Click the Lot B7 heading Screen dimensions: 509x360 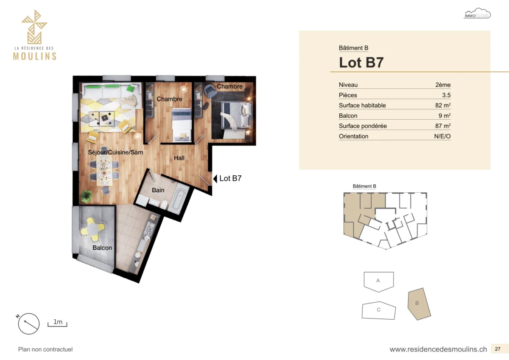361,62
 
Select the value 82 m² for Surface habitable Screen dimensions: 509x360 443,105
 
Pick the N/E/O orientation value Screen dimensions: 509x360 442,136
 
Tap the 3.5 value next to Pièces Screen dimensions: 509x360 446,95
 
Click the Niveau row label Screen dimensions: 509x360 348,85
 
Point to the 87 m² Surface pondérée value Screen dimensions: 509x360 443,126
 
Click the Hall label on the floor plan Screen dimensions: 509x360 179,158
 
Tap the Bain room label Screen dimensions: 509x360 158,190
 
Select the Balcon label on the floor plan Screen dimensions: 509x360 102,247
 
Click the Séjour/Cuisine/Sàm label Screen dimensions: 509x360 115,152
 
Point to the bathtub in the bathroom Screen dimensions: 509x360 179,200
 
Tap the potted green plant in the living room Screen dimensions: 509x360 87,196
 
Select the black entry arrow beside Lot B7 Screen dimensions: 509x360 215,179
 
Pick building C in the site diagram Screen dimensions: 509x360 378,310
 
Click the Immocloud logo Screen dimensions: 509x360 477,14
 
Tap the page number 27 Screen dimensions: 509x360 498,349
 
